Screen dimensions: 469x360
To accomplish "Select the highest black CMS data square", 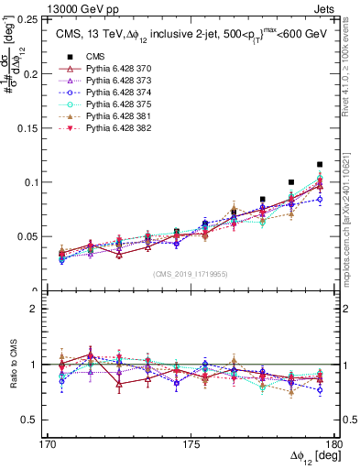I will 320,165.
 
